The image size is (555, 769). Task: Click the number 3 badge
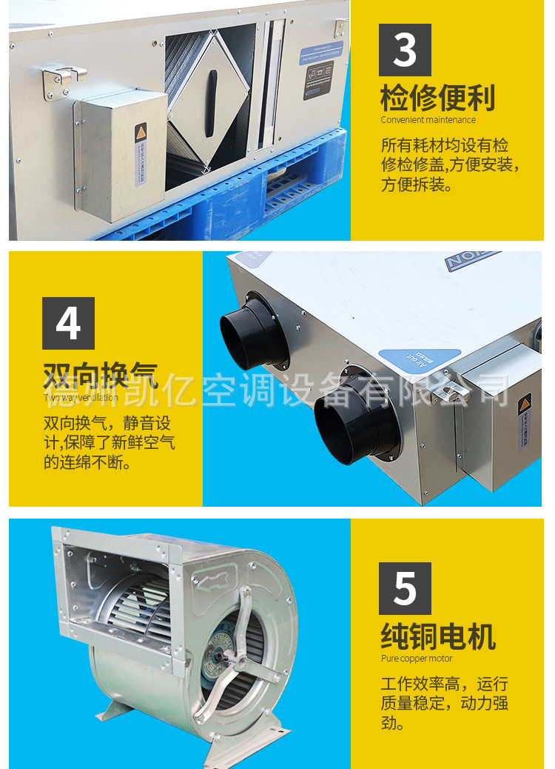coord(405,50)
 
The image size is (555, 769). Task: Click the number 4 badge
coord(68,323)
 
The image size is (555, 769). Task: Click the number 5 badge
coord(405,588)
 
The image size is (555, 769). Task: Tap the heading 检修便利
coord(438,98)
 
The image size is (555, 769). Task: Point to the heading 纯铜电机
coord(438,636)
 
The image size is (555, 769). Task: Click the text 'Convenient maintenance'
coord(428,120)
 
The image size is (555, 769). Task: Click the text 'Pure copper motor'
coord(417,659)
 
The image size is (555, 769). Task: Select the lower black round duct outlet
coord(353,422)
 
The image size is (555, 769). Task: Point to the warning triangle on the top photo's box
coord(141,133)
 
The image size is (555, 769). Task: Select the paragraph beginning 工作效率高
coord(444,703)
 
